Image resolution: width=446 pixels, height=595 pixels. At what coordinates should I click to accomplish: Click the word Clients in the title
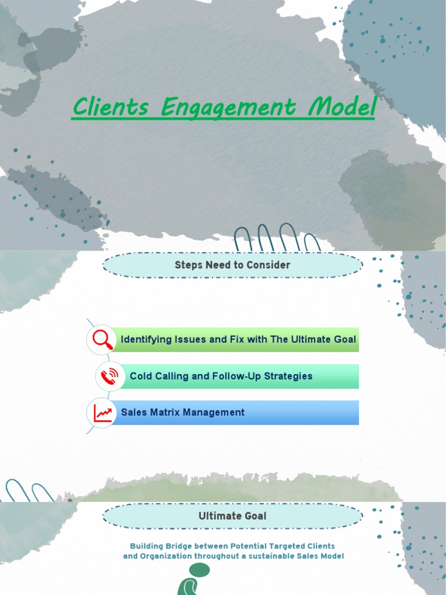pyautogui.click(x=110, y=107)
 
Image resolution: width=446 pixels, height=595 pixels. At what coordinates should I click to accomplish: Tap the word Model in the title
pyautogui.click(x=343, y=107)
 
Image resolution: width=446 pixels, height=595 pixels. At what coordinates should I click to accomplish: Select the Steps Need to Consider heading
pyautogui.click(x=232, y=265)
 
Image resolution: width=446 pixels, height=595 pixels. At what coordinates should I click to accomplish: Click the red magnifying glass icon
pyautogui.click(x=101, y=339)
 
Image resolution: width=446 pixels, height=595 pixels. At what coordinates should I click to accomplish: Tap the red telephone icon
pyautogui.click(x=109, y=377)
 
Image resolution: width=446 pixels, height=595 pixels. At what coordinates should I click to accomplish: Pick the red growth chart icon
pyautogui.click(x=102, y=413)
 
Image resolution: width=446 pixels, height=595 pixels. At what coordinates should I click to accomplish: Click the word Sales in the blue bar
pyautogui.click(x=132, y=413)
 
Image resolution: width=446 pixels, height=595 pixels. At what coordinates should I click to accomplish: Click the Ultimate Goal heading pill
pyautogui.click(x=232, y=516)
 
